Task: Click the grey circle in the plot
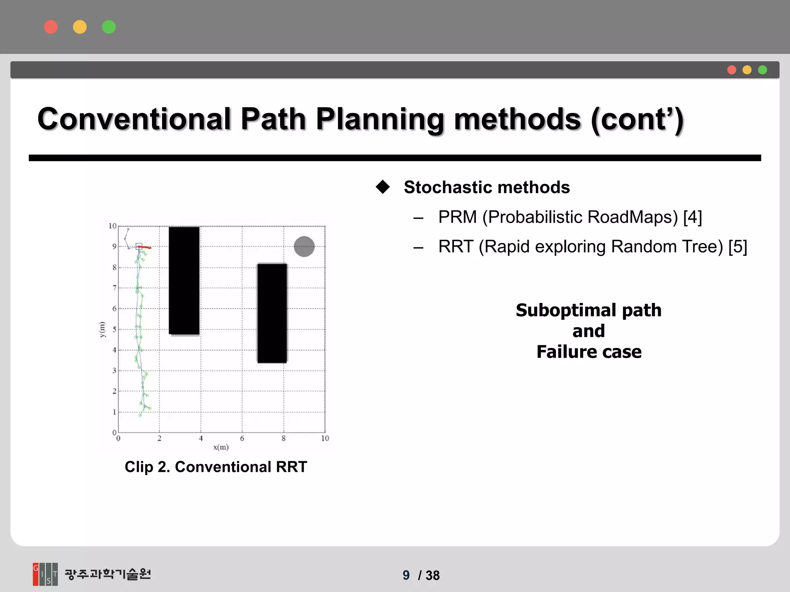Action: pos(304,246)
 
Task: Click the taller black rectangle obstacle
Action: pos(184,280)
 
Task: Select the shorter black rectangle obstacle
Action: pos(272,313)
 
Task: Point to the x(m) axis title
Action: pos(221,447)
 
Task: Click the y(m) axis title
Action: pos(102,329)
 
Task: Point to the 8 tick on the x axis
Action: pos(284,438)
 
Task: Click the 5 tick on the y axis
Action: pos(114,330)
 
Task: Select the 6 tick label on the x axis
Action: pos(242,438)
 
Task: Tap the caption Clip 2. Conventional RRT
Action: pos(216,467)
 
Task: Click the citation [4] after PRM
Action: pos(692,217)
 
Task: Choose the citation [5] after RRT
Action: pos(738,247)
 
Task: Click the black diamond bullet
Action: pos(383,187)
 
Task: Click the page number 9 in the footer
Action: pos(406,575)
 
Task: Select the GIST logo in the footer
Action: pos(45,574)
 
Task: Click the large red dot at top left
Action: pos(51,27)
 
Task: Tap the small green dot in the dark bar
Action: pos(762,70)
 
